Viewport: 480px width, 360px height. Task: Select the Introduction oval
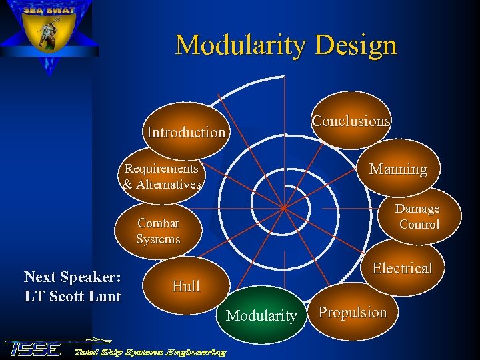pos(186,131)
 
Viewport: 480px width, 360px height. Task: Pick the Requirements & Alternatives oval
pos(162,177)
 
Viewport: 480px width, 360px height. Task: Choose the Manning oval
pos(398,169)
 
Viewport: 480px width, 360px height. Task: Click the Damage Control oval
pos(418,217)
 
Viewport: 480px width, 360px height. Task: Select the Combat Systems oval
pos(158,231)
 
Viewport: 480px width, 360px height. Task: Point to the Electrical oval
pos(402,268)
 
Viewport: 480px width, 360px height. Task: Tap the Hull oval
pos(185,286)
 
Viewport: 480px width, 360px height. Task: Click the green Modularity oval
pos(261,315)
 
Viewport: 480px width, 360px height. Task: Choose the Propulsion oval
pos(352,312)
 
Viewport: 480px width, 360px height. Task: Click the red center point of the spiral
pos(283,208)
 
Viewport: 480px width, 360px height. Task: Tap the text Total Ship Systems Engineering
pos(149,351)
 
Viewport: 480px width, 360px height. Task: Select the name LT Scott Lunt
pos(72,297)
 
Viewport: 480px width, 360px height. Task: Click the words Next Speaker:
pos(72,277)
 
